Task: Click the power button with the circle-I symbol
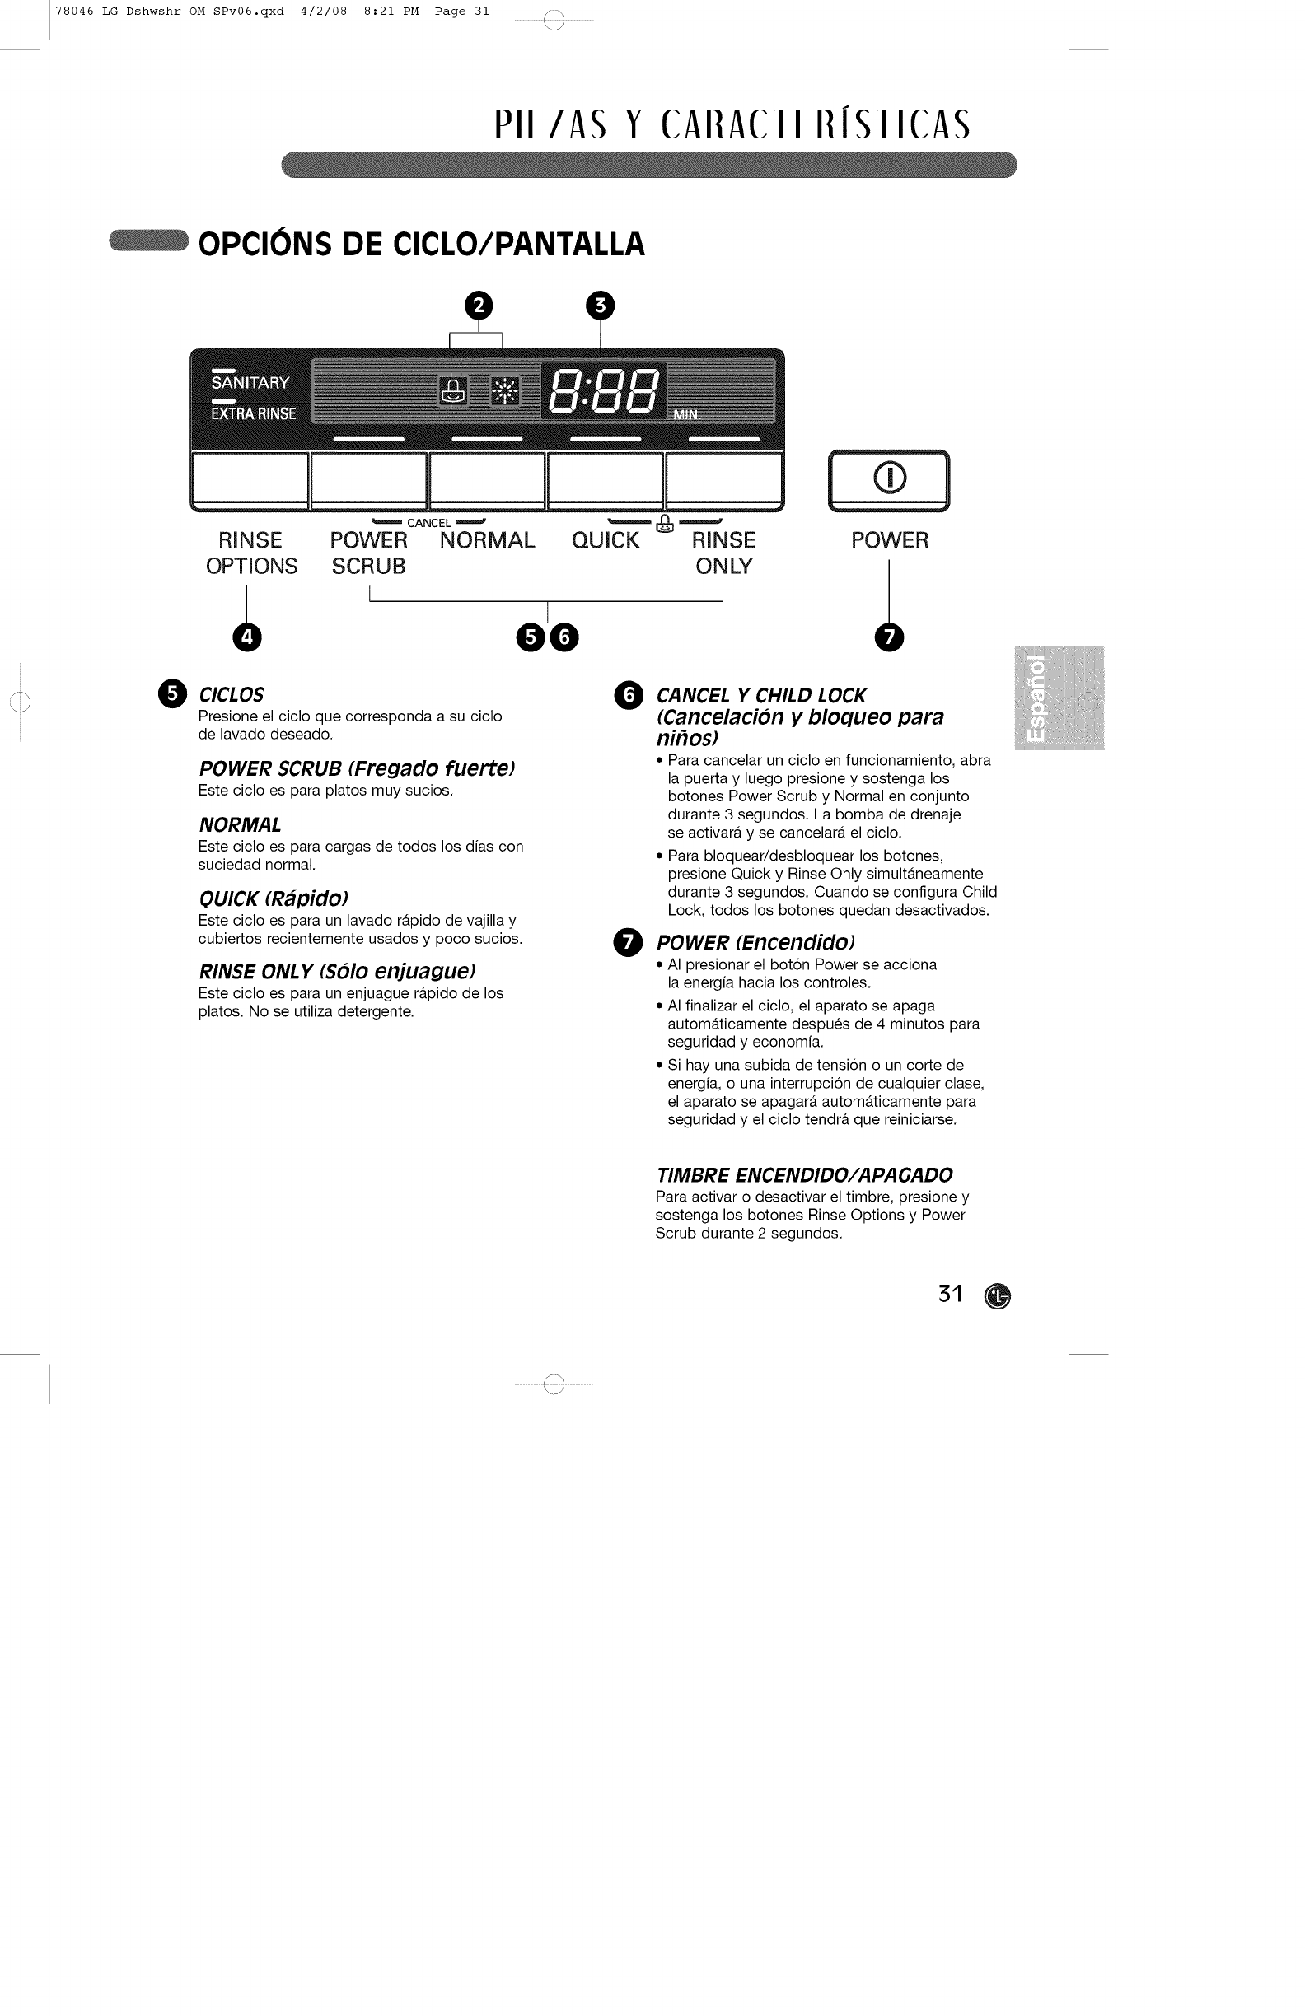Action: pos(889,479)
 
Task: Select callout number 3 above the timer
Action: pos(600,305)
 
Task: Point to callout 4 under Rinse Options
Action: pos(247,637)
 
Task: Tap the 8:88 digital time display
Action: pos(603,391)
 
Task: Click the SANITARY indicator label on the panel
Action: pos(250,383)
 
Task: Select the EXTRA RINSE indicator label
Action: pos(254,413)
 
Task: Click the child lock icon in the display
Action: pos(452,391)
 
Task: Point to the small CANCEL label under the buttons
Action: pos(428,523)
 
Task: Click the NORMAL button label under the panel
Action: pos(487,540)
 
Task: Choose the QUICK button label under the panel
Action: pos(605,540)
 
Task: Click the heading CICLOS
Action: pos(231,695)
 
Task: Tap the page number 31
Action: pos(950,1295)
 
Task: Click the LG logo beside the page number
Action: pos(999,1296)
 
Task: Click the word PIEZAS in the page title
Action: pos(551,124)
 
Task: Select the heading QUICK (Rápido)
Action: pos(273,898)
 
